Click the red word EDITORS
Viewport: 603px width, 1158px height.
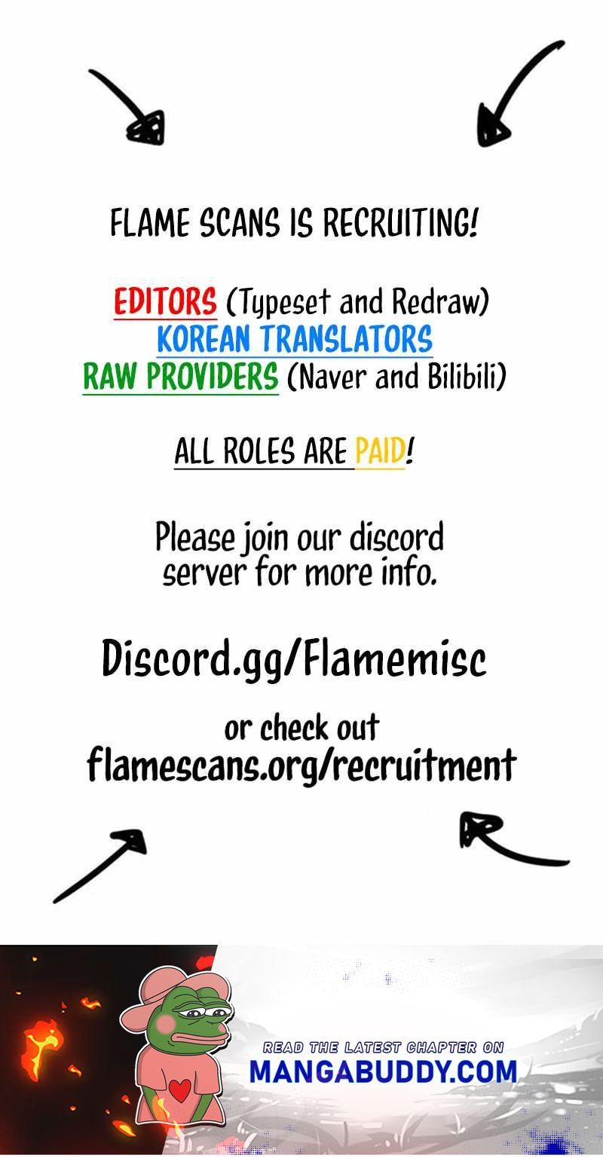click(165, 303)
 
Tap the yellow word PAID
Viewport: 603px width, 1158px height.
click(380, 452)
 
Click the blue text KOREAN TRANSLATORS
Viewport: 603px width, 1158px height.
click(295, 339)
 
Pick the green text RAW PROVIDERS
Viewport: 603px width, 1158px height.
click(181, 377)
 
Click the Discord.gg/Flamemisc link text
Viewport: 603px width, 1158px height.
click(294, 659)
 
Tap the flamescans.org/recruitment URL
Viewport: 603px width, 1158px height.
click(301, 765)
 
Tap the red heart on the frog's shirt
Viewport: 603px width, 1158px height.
click(180, 1089)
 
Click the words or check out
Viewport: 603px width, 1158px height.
click(301, 729)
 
